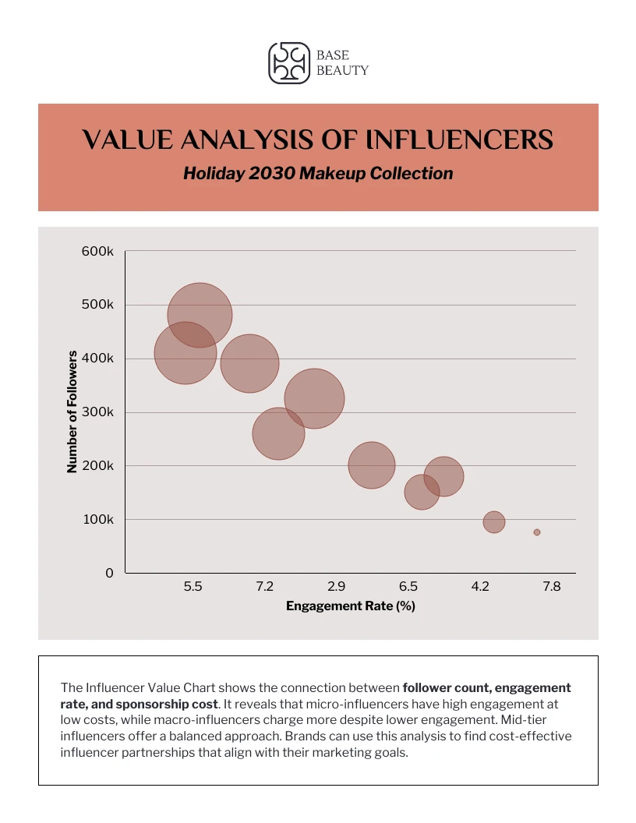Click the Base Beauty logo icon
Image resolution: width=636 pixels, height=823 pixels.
click(289, 63)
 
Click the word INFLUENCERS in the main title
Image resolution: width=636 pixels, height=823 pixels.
click(459, 140)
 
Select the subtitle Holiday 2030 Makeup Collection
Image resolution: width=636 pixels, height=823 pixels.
click(318, 173)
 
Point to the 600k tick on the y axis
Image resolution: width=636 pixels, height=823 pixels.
click(98, 251)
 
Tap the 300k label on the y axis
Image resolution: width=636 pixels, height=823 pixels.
click(98, 412)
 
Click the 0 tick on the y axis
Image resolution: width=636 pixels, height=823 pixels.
click(109, 573)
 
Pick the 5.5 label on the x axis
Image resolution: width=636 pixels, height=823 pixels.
click(193, 587)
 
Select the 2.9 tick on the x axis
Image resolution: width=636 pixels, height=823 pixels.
click(337, 587)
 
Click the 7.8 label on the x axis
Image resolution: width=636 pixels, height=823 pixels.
click(551, 587)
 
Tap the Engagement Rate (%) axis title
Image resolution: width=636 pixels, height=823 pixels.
click(350, 606)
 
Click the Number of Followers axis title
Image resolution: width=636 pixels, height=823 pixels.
click(72, 411)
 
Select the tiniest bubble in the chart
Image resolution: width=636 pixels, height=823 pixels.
click(537, 532)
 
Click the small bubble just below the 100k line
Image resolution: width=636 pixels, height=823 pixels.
click(494, 522)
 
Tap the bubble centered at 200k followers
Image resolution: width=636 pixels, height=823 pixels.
click(371, 465)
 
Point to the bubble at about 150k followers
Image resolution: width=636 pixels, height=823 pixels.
click(422, 493)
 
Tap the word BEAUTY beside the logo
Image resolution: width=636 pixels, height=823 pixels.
click(342, 70)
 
